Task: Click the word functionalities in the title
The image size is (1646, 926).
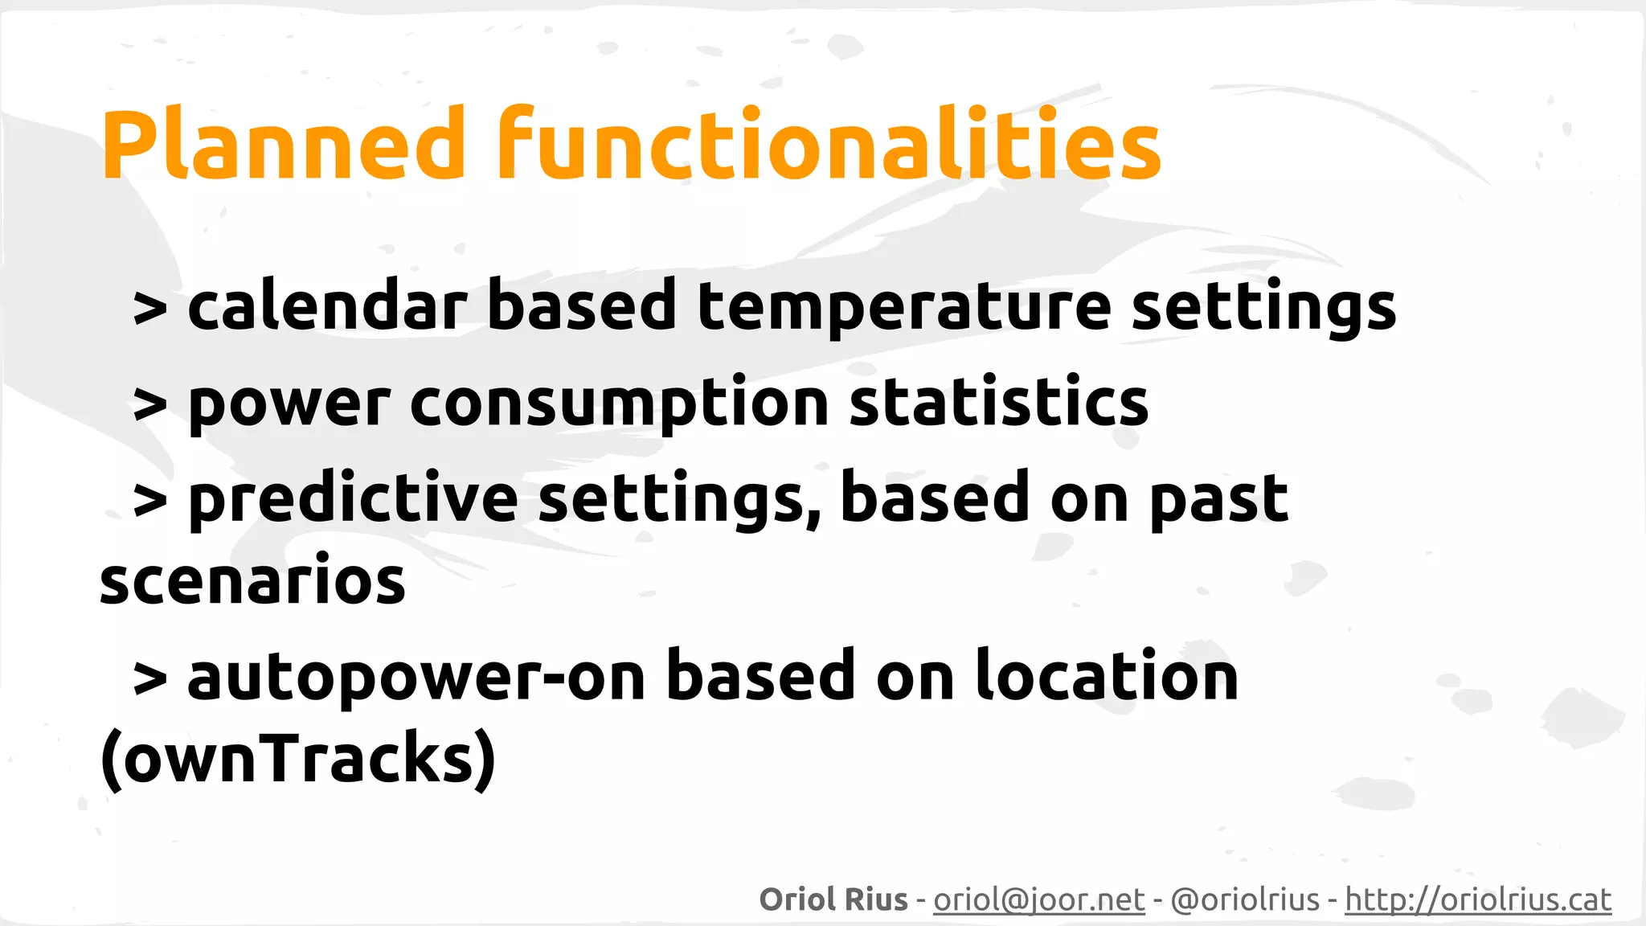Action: [828, 145]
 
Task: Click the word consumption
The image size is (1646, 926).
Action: [619, 405]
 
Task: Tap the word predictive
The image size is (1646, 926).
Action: [354, 500]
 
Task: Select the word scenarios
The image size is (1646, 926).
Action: [252, 580]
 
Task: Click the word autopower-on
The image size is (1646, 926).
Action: [416, 677]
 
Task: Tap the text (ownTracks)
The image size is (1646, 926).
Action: [297, 760]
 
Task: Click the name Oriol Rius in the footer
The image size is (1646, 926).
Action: [833, 899]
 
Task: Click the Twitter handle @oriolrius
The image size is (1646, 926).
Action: [1245, 899]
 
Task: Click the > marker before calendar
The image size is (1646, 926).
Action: [150, 309]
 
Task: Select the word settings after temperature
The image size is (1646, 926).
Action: [1263, 309]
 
